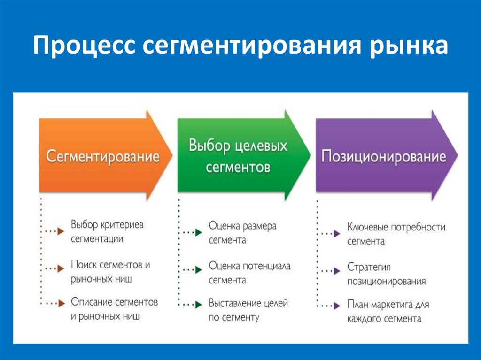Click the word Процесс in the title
[x=84, y=46]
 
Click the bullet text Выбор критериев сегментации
[x=107, y=231]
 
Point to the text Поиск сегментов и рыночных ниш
[x=110, y=271]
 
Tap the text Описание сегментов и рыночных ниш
[x=115, y=309]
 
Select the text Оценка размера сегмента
[x=243, y=233]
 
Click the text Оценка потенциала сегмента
[x=250, y=273]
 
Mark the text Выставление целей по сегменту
[x=248, y=310]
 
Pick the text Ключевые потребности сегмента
[x=396, y=234]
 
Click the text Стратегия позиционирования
[x=387, y=274]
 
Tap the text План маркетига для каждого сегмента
[x=388, y=311]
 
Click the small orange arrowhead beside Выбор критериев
[x=61, y=231]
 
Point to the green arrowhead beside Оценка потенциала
[x=199, y=270]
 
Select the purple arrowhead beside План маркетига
[x=337, y=306]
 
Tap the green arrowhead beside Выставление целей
[x=199, y=305]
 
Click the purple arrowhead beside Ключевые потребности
[x=337, y=234]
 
